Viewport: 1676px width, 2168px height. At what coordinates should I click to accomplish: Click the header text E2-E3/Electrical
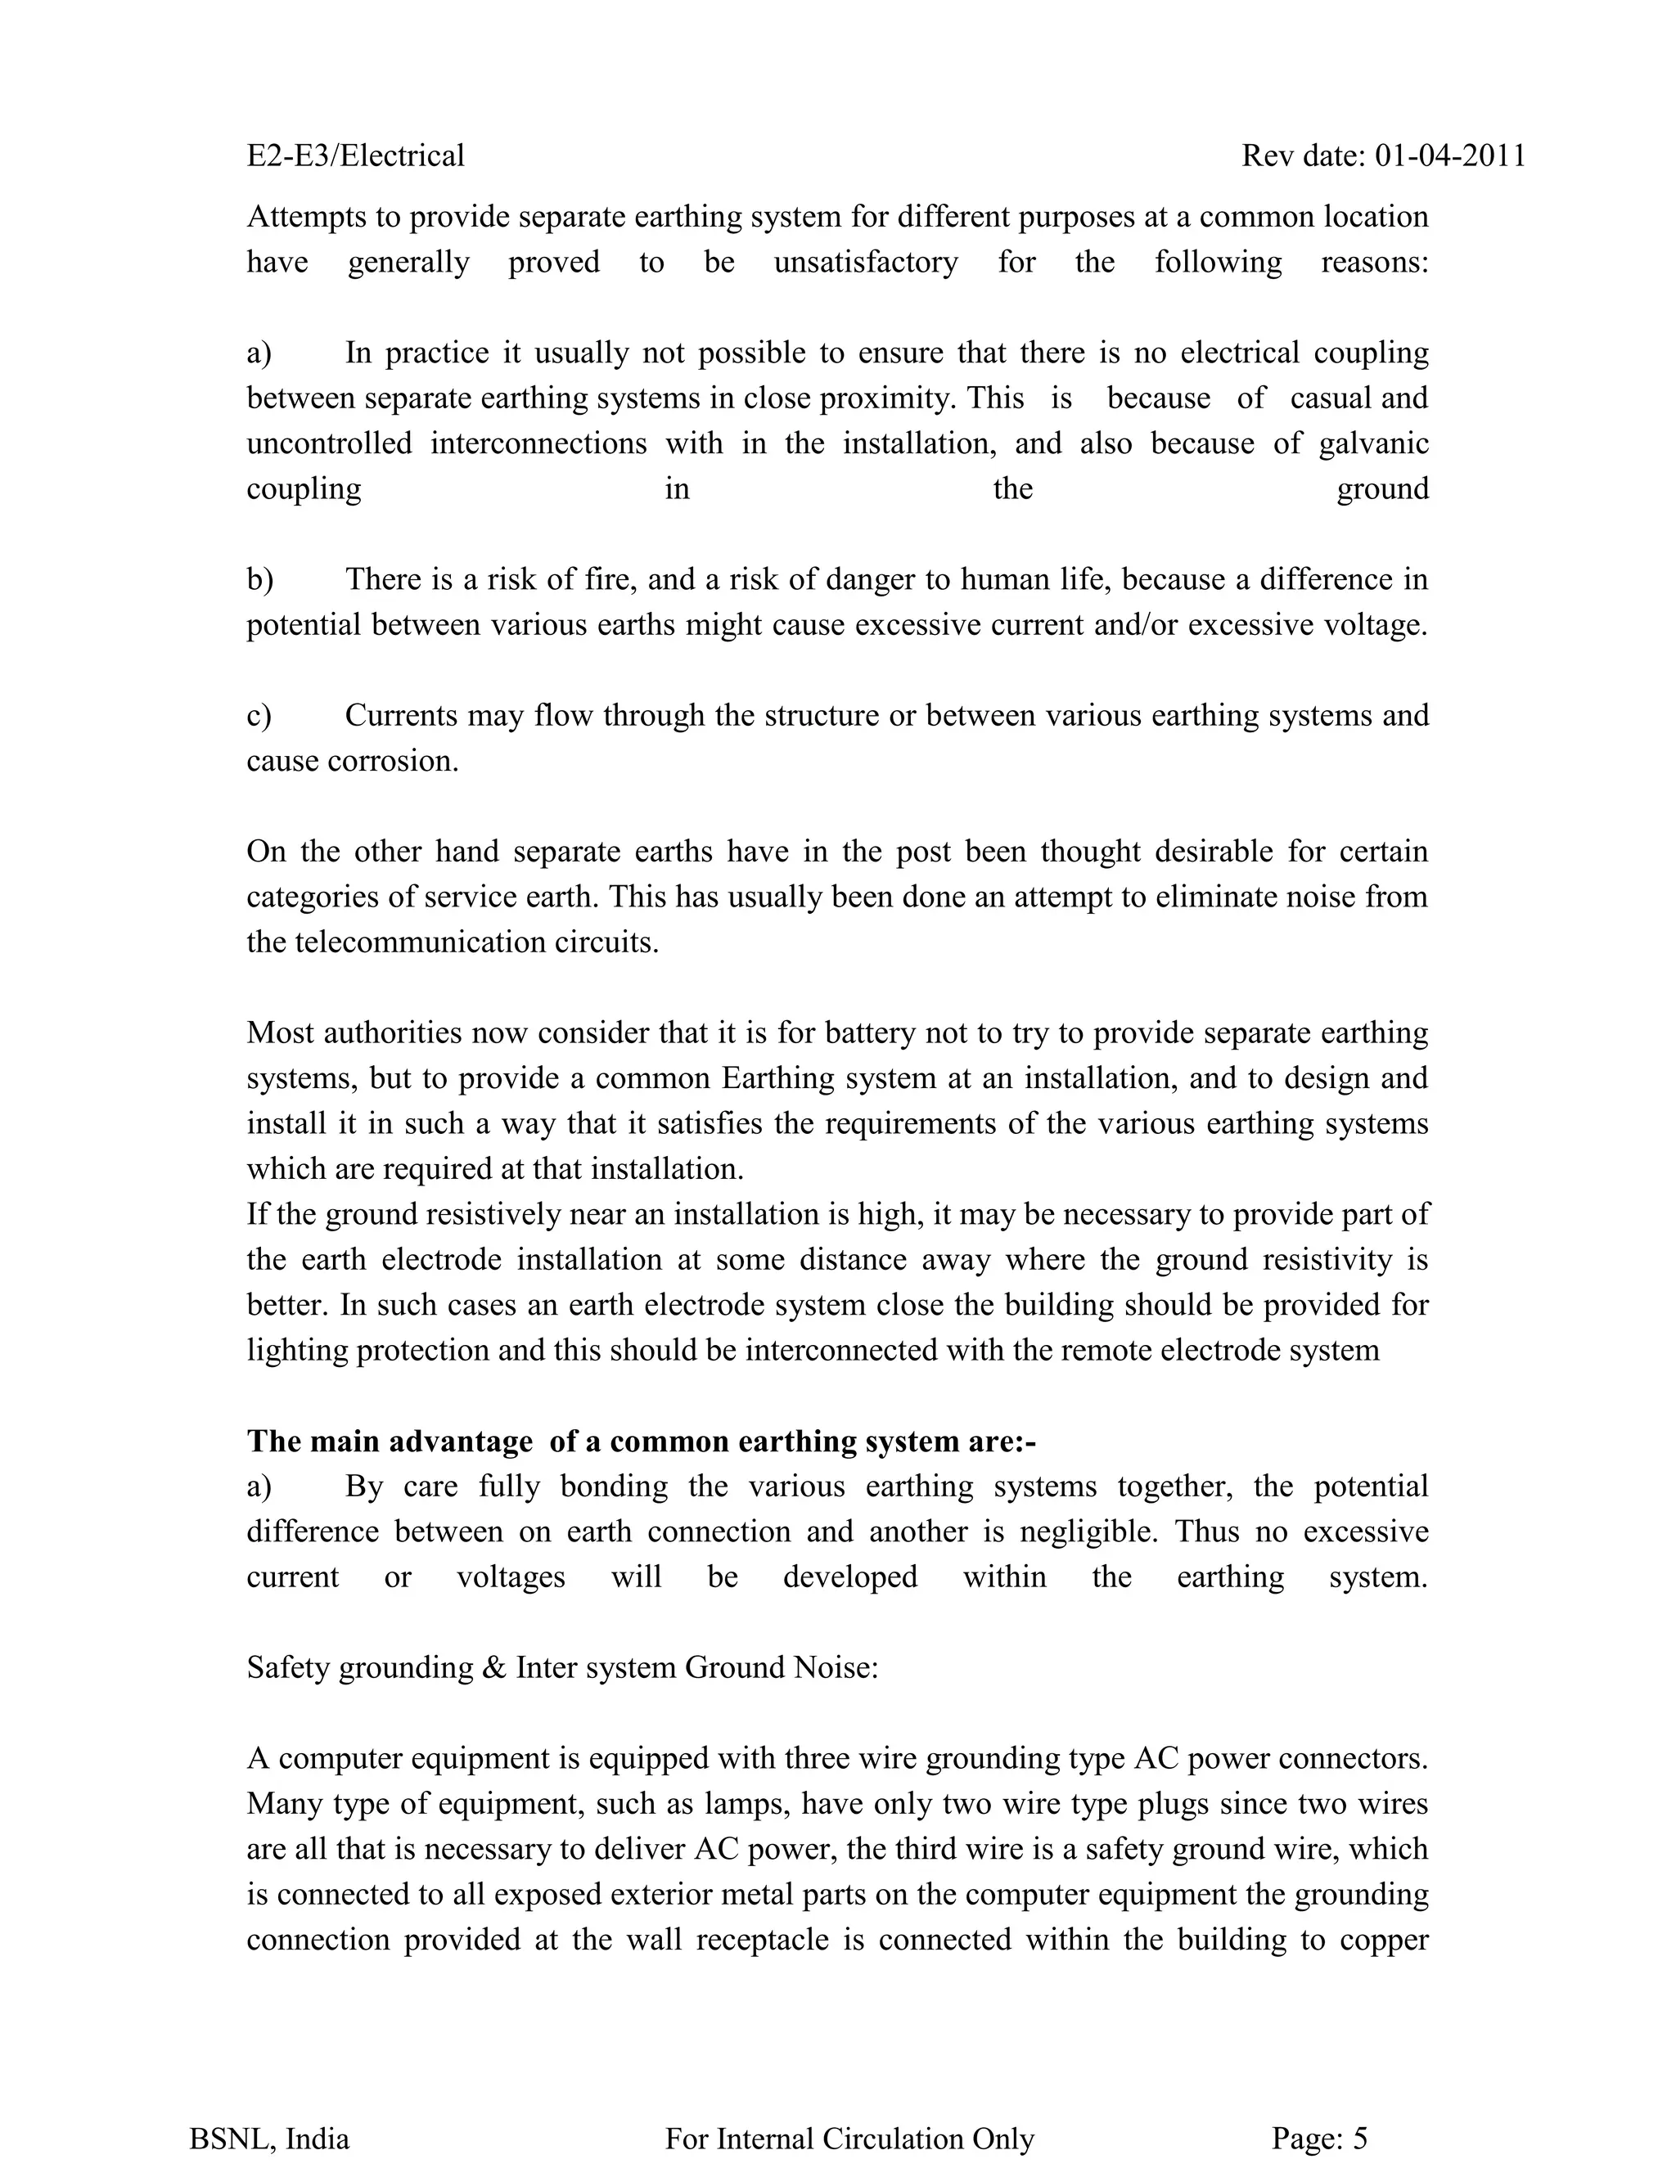(x=355, y=155)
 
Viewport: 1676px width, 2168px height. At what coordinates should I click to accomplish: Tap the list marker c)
(x=259, y=715)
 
